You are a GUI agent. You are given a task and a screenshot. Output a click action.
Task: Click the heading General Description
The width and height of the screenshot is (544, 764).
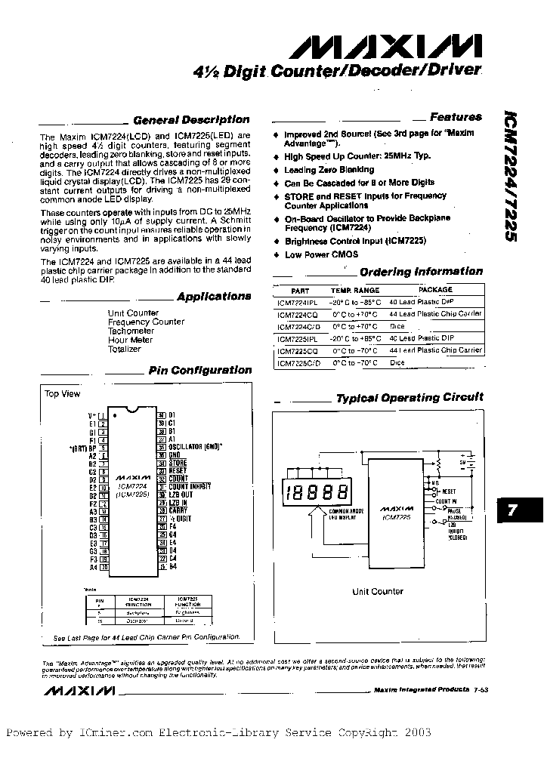(190, 120)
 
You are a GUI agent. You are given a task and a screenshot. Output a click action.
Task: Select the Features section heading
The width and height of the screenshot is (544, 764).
(456, 117)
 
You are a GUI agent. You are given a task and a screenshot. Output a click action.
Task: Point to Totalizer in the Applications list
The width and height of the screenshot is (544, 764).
(124, 350)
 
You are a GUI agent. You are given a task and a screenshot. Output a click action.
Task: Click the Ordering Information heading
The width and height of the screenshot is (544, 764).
(421, 272)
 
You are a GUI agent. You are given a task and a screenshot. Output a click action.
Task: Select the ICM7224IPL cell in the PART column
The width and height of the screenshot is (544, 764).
(299, 300)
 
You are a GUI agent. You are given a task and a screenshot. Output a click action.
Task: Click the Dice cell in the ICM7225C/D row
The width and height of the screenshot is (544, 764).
(397, 362)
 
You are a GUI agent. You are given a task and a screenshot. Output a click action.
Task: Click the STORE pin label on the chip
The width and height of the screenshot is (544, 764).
(178, 462)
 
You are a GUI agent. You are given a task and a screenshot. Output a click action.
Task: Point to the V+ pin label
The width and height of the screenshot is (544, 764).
(92, 415)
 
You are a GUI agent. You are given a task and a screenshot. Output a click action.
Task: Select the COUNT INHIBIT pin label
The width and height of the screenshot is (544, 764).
(189, 486)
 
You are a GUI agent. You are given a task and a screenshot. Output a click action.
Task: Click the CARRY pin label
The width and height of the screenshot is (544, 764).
(178, 510)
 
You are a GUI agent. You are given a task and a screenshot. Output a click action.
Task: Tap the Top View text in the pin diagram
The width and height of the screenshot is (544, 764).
(63, 394)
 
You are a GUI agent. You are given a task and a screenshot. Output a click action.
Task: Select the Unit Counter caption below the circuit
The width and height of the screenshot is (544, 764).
(378, 591)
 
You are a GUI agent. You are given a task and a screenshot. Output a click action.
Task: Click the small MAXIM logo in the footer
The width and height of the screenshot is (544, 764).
(79, 691)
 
